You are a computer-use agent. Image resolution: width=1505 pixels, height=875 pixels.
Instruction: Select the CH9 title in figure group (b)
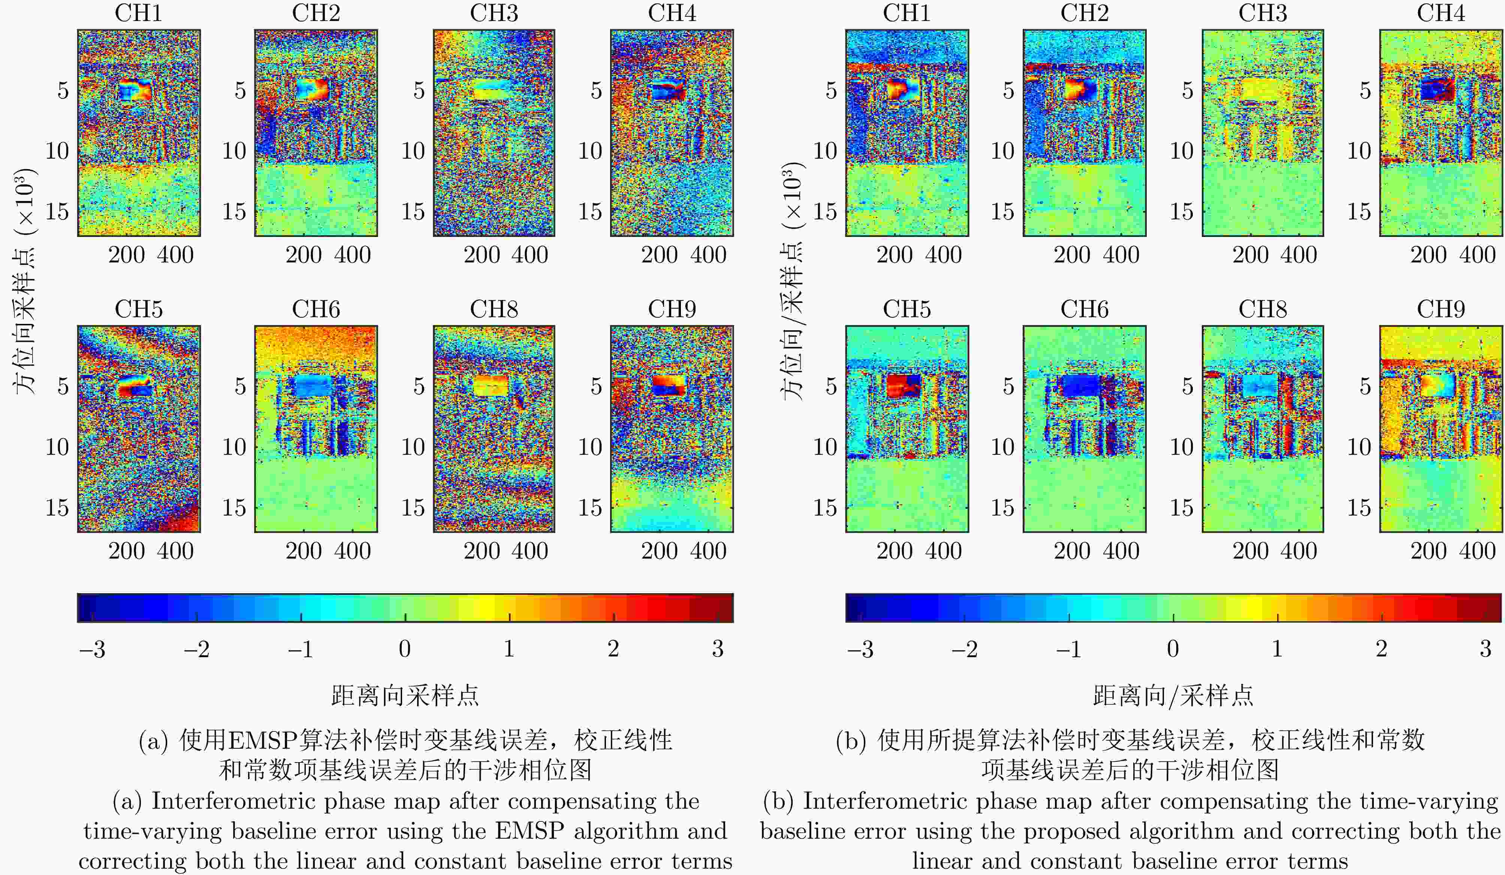coord(1441,309)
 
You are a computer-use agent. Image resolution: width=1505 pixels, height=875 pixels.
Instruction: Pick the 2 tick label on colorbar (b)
coord(1381,649)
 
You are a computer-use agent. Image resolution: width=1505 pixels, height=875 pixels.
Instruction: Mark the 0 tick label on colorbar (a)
coord(404,649)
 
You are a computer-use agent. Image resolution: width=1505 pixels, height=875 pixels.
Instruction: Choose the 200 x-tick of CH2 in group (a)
coord(304,255)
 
